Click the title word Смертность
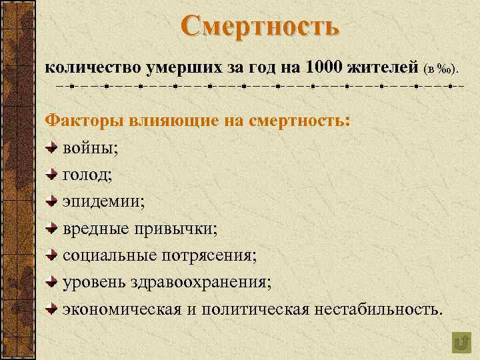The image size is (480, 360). [259, 27]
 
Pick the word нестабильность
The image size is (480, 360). [374, 309]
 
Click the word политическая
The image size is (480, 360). [255, 309]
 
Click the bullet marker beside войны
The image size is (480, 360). [53, 147]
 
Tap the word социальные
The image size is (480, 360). [110, 255]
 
